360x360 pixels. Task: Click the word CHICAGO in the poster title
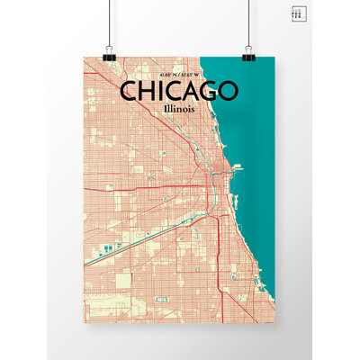tap(178, 92)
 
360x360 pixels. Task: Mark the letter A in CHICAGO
tap(186, 92)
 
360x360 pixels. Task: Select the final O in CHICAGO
tap(226, 92)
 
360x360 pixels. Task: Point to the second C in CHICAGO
tap(168, 92)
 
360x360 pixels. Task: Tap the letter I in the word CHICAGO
tap(157, 92)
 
